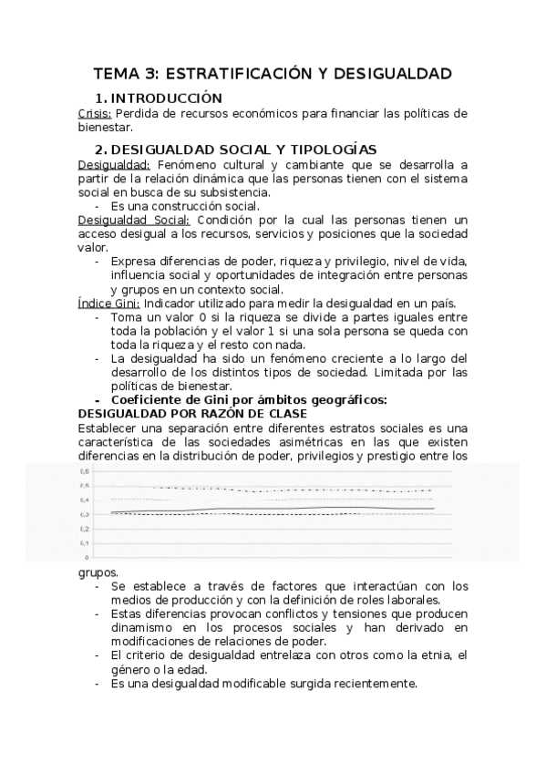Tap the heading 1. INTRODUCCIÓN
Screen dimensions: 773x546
click(x=160, y=98)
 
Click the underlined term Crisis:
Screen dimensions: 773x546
click(x=95, y=113)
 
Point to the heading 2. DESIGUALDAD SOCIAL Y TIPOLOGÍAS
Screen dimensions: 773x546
click(x=236, y=149)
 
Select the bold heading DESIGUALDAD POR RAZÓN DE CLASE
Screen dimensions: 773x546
click(x=192, y=413)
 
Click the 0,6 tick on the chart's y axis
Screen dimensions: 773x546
click(x=86, y=471)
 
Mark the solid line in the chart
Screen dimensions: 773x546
click(x=273, y=508)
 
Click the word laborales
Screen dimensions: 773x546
click(x=412, y=600)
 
